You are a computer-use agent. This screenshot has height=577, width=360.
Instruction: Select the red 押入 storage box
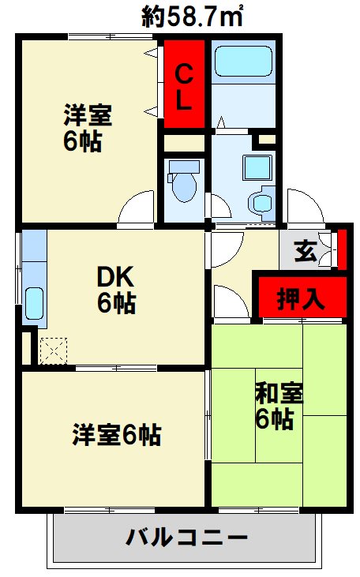pyautogui.click(x=300, y=298)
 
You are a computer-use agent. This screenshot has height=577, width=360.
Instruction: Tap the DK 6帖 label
pyautogui.click(x=116, y=289)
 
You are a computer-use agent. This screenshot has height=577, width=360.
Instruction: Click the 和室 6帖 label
pyautogui.click(x=274, y=404)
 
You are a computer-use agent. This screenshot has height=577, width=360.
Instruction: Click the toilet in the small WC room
pyautogui.click(x=184, y=182)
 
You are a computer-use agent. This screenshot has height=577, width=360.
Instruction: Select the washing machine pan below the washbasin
pyautogui.click(x=260, y=201)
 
